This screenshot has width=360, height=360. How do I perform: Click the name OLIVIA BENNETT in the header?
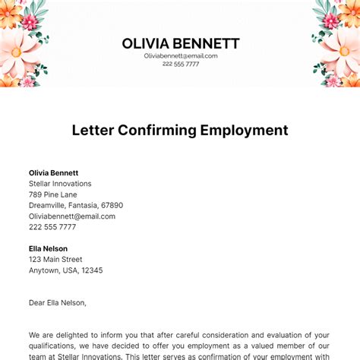point(180,43)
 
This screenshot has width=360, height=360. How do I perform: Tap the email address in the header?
point(180,55)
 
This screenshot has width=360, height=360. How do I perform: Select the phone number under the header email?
point(180,64)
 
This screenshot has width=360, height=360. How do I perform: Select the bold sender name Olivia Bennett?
point(53,173)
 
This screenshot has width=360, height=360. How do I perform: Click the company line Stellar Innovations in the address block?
point(60,184)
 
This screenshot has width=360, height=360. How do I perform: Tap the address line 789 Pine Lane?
point(53,194)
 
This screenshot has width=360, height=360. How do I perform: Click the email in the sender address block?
point(72,216)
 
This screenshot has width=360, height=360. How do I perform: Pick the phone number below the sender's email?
point(52,227)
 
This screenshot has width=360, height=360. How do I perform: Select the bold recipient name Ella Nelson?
point(48,248)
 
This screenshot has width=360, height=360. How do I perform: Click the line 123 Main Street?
point(55,259)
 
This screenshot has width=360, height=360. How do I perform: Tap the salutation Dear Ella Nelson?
point(58,302)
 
